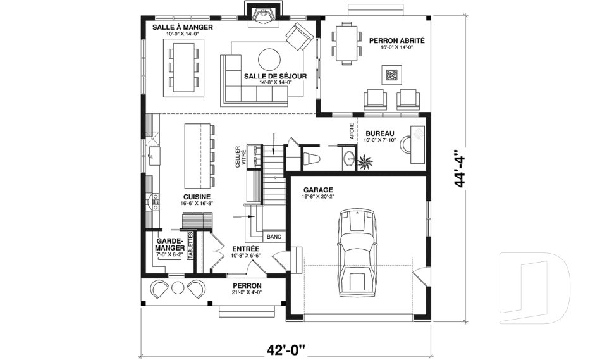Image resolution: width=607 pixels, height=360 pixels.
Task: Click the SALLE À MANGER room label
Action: pos(183,28)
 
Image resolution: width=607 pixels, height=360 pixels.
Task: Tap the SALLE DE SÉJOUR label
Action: pos(275,76)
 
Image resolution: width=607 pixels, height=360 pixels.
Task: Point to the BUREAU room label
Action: pos(380,133)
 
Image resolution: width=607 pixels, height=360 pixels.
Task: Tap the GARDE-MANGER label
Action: pos(169,244)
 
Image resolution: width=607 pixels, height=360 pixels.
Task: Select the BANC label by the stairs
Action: pos(274,237)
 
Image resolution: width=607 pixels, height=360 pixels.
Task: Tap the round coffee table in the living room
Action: pos(270,59)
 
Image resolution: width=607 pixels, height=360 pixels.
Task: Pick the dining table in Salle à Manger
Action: pos(184,66)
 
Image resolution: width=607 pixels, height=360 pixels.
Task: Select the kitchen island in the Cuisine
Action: pos(197,155)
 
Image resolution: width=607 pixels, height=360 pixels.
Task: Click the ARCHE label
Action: pos(352,130)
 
